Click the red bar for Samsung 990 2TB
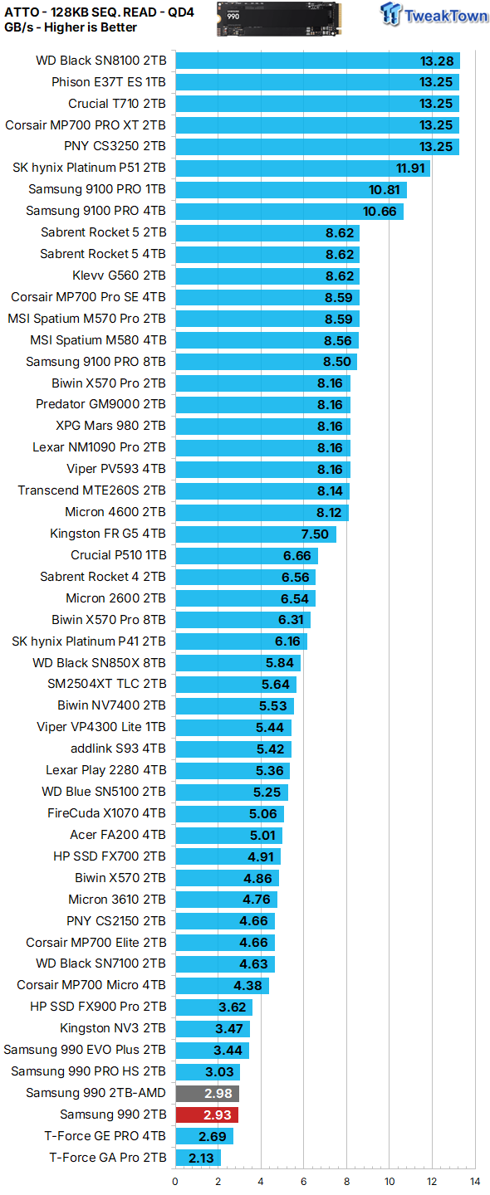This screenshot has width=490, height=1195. click(x=207, y=1115)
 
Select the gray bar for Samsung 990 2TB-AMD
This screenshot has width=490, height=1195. click(x=208, y=1093)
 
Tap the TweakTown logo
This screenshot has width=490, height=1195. click(x=434, y=14)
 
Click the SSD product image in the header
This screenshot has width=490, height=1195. click(x=278, y=18)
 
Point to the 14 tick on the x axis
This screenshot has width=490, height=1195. click(x=474, y=1182)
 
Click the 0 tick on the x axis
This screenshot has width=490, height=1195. click(x=175, y=1182)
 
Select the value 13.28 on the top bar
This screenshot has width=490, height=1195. click(x=437, y=61)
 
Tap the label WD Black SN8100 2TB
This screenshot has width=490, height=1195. click(x=100, y=61)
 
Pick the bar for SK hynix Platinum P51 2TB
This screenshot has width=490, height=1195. click(x=302, y=168)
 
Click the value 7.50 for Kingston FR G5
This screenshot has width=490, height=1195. click(x=315, y=534)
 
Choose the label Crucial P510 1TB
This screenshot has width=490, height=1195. click(x=119, y=555)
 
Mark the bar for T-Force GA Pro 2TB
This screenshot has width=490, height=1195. click(x=198, y=1158)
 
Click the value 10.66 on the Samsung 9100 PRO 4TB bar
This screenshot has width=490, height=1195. click(x=380, y=212)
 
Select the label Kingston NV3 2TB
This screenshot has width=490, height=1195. click(x=113, y=1028)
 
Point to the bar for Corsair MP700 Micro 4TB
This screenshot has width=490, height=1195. click(x=222, y=985)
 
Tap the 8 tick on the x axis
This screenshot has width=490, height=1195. click(x=346, y=1182)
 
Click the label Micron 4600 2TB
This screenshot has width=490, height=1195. click(x=115, y=511)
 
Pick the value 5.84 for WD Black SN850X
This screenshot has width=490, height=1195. click(x=280, y=663)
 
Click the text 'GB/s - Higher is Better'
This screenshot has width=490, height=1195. click(x=71, y=27)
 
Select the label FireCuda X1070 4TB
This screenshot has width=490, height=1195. click(x=107, y=813)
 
